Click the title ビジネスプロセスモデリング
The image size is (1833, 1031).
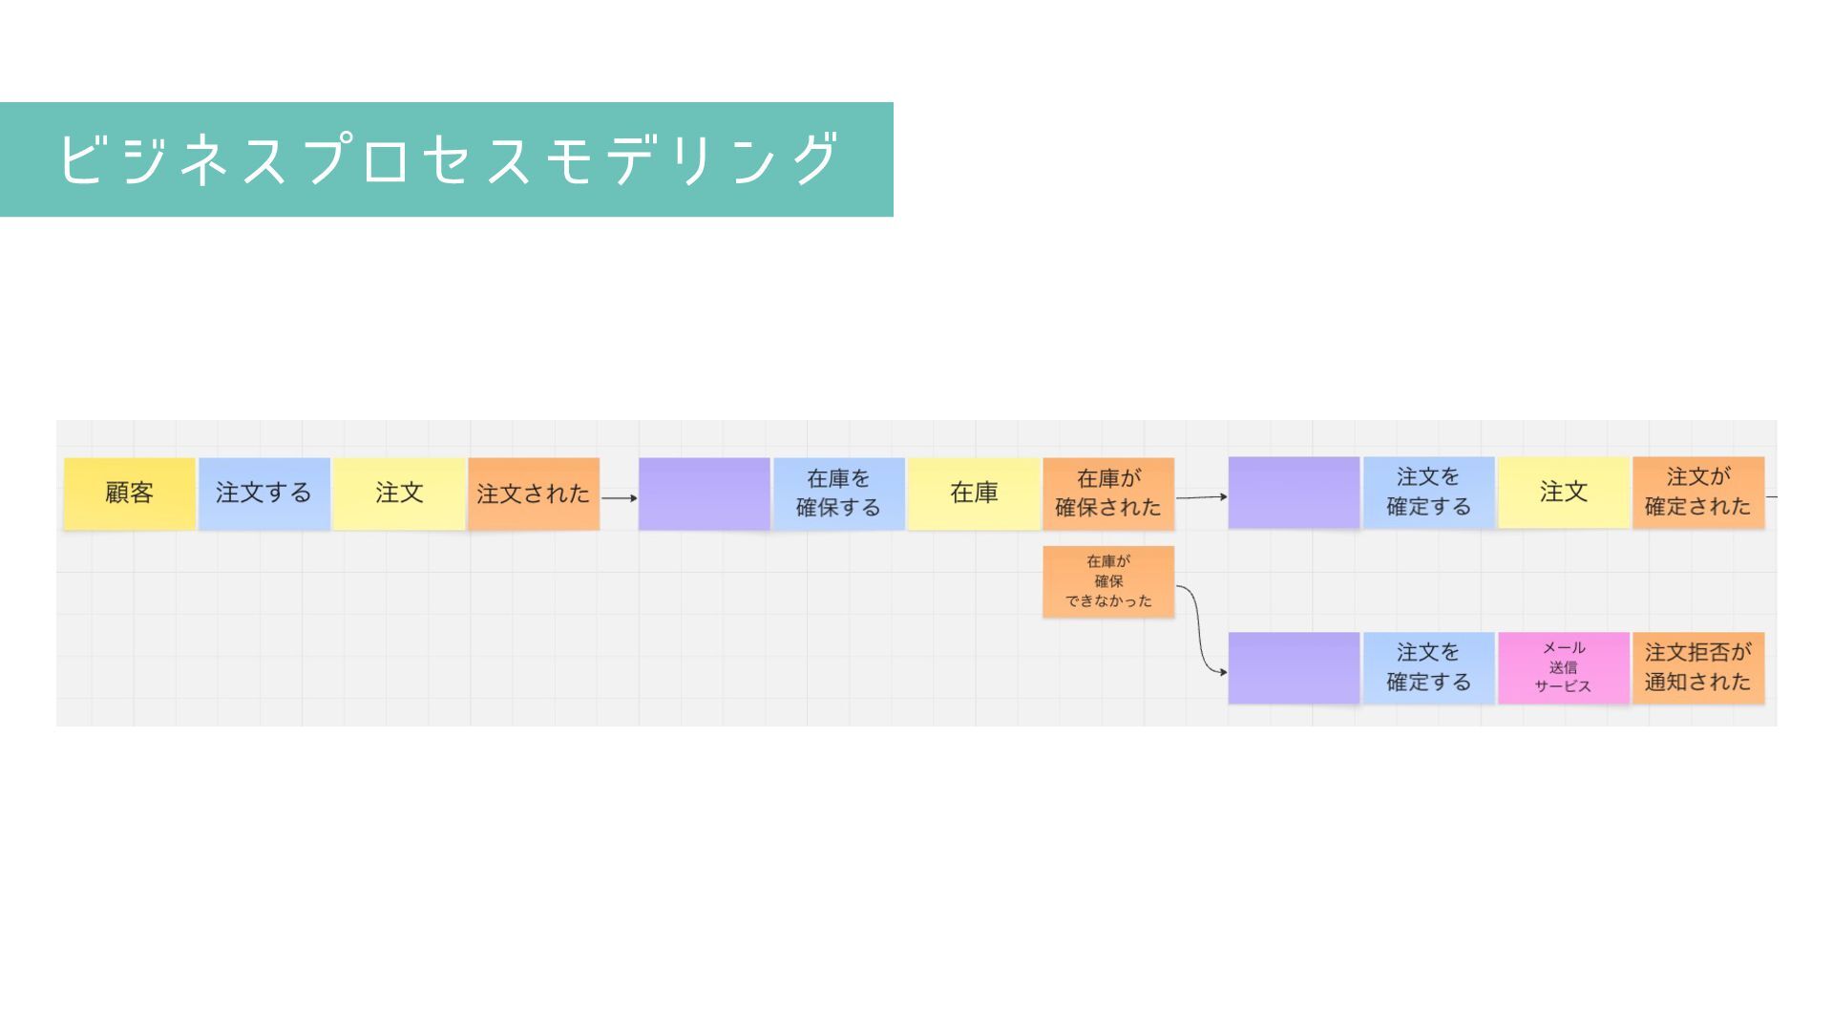pos(447,159)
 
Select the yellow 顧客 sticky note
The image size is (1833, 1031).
pos(130,494)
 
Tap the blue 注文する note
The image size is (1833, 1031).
pos(263,494)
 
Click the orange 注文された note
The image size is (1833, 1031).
pos(534,494)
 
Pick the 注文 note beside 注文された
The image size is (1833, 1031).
pos(399,494)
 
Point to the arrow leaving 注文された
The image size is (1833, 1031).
pos(619,497)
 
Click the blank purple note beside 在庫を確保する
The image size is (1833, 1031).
pos(705,494)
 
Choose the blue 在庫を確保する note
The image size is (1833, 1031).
pos(838,494)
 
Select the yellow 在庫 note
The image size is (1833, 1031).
pos(974,494)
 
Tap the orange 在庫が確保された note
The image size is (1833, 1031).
pos(1108,494)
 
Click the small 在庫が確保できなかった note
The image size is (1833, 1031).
pos(1108,581)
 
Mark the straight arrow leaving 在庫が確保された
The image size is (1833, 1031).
pos(1200,496)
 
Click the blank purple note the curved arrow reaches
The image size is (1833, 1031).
pos(1294,668)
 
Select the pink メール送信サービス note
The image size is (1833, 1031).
pos(1563,668)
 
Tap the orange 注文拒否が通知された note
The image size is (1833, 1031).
pos(1697,668)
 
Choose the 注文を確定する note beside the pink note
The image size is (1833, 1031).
pos(1428,668)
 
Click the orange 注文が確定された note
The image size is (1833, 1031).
pos(1697,493)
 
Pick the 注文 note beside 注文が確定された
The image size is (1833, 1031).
pos(1563,493)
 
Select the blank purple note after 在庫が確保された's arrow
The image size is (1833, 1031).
pos(1294,493)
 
